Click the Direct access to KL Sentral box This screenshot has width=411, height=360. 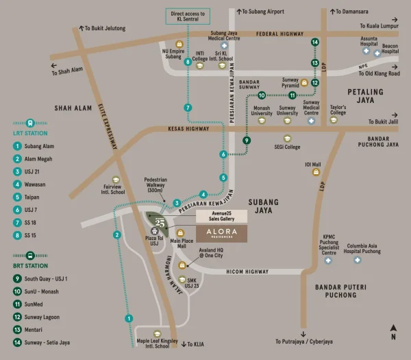pyautogui.click(x=188, y=16)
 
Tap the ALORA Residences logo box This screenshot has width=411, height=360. pyautogui.click(x=221, y=234)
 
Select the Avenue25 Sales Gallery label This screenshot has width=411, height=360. pyautogui.click(x=221, y=216)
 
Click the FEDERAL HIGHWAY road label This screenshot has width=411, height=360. pyautogui.click(x=279, y=34)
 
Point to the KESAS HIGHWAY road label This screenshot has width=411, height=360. pyautogui.click(x=188, y=129)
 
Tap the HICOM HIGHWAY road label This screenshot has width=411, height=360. pyautogui.click(x=247, y=272)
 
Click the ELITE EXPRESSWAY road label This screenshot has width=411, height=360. pyautogui.click(x=108, y=126)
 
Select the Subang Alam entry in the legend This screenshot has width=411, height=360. pyautogui.click(x=34, y=146)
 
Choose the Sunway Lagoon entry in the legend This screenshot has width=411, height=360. pyautogui.click(x=36, y=317)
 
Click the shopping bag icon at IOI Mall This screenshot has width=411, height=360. pyautogui.click(x=316, y=172)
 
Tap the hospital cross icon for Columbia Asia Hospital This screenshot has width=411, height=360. pyautogui.click(x=358, y=260)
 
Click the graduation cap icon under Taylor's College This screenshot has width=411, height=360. pyautogui.click(x=334, y=120)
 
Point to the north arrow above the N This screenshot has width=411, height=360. pyautogui.click(x=393, y=328)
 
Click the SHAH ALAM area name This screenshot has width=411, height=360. pyautogui.click(x=73, y=108)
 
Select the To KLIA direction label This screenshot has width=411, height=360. pyautogui.click(x=193, y=344)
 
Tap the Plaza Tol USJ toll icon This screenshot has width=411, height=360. pyautogui.click(x=154, y=231)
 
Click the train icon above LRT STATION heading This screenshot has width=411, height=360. pyautogui.click(x=30, y=123)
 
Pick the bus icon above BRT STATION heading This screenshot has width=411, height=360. pyautogui.click(x=30, y=255)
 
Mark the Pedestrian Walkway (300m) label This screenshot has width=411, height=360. pyautogui.click(x=155, y=184)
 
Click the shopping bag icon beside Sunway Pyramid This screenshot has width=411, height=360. pyautogui.click(x=304, y=83)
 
